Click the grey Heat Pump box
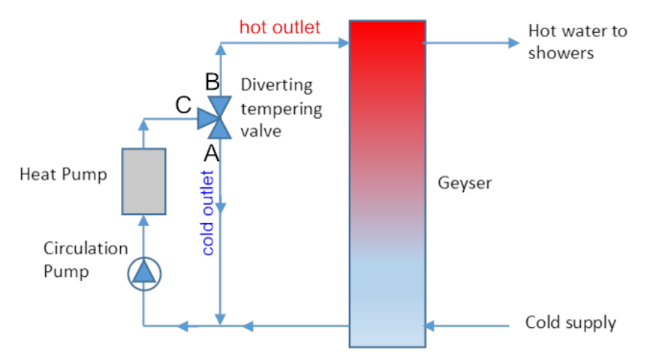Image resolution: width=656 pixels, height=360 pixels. (143, 181)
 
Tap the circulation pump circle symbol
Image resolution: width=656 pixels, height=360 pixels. (143, 273)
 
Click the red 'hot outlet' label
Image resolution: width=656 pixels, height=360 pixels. (280, 28)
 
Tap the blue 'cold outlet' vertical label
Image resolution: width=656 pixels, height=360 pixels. (208, 212)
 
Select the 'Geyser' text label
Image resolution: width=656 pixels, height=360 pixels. (465, 182)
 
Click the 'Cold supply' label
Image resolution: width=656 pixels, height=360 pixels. (571, 322)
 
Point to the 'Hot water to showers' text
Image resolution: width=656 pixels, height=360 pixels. (577, 42)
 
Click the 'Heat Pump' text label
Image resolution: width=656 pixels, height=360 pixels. (63, 174)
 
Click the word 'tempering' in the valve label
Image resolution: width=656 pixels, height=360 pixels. (281, 109)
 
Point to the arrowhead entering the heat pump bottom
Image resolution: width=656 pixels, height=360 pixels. (143, 219)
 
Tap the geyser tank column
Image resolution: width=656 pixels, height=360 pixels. (387, 182)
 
